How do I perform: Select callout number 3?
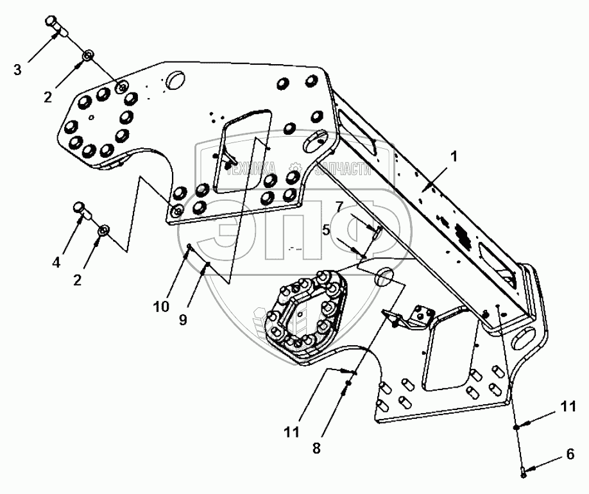17,69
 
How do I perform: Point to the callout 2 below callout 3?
47,97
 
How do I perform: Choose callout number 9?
184,319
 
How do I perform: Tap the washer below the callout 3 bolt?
89,55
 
